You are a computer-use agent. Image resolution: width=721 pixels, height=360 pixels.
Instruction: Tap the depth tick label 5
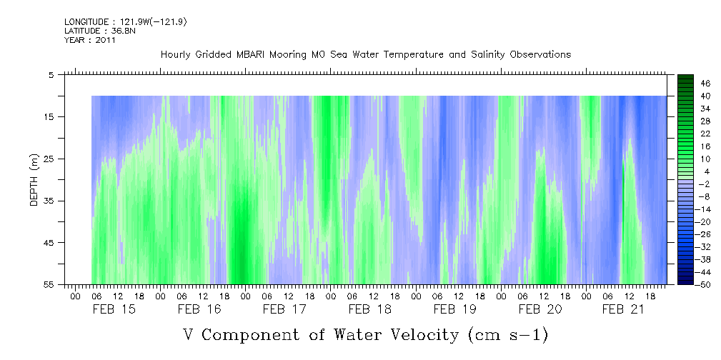pyautogui.click(x=51, y=74)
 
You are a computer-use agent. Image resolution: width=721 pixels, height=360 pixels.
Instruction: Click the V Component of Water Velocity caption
pyautogui.click(x=365, y=334)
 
